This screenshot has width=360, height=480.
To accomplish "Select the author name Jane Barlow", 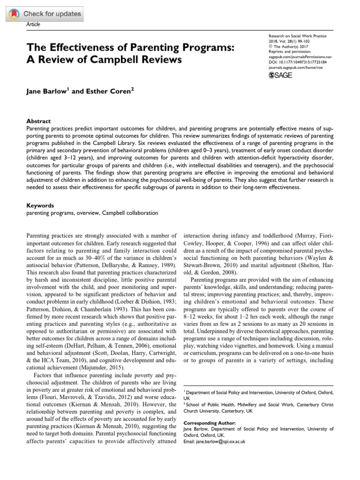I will coord(45,91).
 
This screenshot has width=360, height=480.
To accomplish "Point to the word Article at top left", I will coord(32,24).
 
